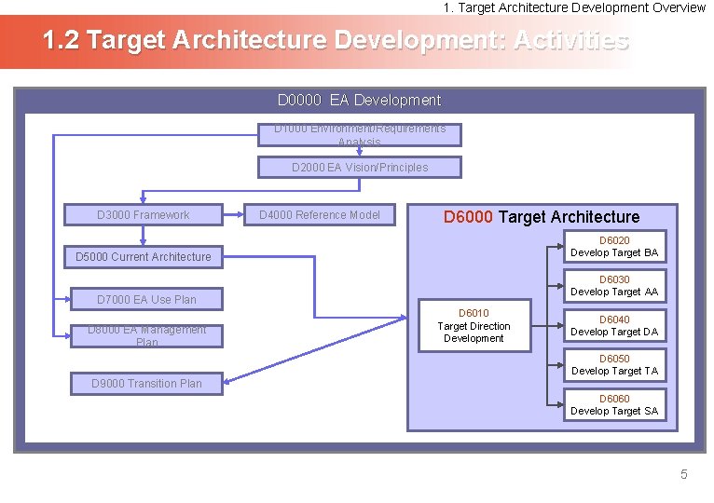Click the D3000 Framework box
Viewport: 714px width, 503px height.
point(143,215)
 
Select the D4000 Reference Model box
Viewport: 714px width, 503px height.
point(320,215)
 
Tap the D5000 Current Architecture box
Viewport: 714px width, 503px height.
point(144,256)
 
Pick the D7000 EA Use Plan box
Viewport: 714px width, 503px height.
point(147,299)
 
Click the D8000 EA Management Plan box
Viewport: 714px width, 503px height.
point(147,335)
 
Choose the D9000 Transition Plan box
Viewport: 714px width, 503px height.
point(146,383)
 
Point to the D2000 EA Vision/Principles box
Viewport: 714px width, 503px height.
point(360,168)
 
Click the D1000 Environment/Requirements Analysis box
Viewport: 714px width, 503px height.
point(360,135)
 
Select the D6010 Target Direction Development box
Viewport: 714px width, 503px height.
point(474,326)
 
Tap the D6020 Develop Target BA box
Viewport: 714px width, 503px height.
point(614,247)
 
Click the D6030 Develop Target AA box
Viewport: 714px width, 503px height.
point(614,286)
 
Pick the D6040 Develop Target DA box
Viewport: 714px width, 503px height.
point(614,326)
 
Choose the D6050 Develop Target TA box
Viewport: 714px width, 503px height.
point(614,365)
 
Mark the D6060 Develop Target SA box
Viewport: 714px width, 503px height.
point(614,405)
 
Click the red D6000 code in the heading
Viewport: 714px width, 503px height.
point(469,217)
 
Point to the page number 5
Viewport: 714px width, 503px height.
point(683,475)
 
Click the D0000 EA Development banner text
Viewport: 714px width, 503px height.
point(359,100)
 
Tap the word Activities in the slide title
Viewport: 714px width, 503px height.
point(570,42)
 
